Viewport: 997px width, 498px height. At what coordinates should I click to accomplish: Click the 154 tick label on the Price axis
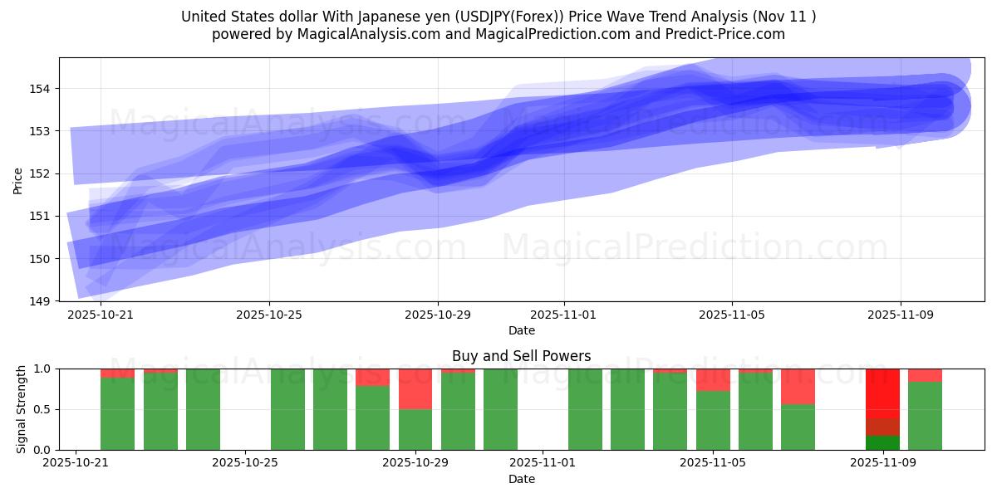[x=42, y=89]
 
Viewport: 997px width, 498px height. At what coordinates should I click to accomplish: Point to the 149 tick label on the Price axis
[x=42, y=300]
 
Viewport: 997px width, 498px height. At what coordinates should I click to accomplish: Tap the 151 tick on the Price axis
[x=42, y=216]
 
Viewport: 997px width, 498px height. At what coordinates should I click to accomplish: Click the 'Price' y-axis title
[x=18, y=179]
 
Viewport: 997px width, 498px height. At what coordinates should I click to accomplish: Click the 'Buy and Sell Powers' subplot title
[x=521, y=356]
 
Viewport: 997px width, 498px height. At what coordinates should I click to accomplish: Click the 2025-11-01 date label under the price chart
[x=563, y=315]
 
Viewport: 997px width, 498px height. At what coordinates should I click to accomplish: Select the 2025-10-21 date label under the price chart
[x=101, y=315]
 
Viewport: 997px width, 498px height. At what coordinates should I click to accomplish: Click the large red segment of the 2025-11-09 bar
[x=882, y=394]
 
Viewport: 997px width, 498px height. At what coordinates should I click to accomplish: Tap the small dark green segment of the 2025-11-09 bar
[x=882, y=442]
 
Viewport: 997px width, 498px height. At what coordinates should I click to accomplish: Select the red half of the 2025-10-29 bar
[x=415, y=388]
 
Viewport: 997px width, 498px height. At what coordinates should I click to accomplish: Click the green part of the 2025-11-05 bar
[x=713, y=420]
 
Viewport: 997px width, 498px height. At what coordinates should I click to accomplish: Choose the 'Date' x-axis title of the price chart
[x=521, y=330]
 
